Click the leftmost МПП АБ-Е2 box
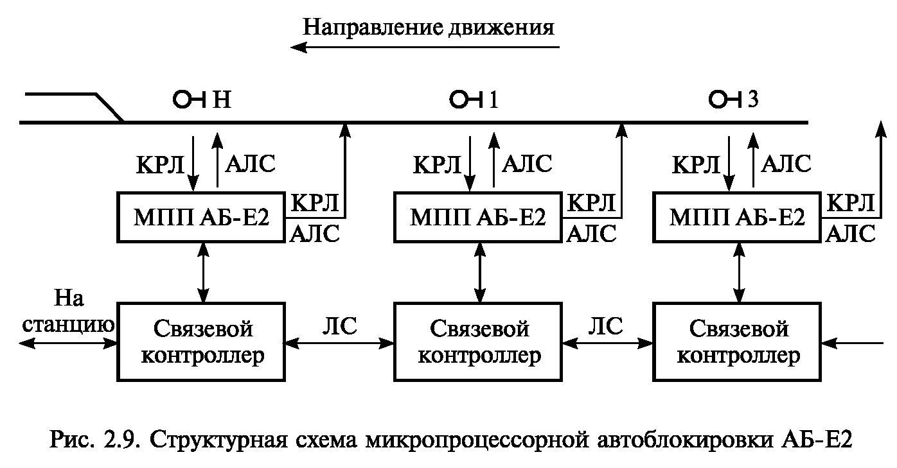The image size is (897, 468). coord(201,218)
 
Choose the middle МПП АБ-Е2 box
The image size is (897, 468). coord(479,218)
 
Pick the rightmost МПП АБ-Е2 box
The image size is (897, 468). coord(738,218)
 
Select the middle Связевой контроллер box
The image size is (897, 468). coord(479,342)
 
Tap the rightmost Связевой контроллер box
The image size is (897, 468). coord(738,342)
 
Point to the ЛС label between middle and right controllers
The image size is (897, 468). coord(606,326)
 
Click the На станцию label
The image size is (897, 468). coord(69,311)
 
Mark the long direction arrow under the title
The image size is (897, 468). coord(424,47)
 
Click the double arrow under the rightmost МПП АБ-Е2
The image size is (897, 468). coord(738,273)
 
